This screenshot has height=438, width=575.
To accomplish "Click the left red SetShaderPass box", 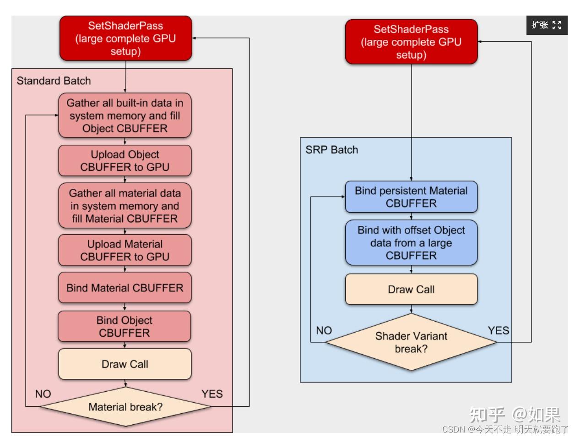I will [125, 38].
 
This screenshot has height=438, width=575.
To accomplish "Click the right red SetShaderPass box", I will [411, 42].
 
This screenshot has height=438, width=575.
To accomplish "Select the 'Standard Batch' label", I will [54, 81].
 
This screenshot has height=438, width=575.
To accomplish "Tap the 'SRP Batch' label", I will [331, 150].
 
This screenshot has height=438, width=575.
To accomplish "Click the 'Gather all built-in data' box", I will [125, 115].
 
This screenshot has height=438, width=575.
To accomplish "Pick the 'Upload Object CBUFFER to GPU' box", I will [125, 161].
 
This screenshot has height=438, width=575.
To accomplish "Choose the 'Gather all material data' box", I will [125, 206].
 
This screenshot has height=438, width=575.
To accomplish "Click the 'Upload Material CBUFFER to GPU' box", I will [125, 250].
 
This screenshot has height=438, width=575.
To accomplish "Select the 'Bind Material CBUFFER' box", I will [125, 288].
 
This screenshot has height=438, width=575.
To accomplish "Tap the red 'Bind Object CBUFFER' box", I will [124, 326].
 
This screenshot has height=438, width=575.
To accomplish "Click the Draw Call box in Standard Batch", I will [125, 364].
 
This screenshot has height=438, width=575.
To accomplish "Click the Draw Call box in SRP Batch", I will [411, 290].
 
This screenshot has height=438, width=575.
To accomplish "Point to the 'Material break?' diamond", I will [125, 407].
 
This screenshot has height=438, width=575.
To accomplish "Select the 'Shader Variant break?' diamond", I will [411, 342].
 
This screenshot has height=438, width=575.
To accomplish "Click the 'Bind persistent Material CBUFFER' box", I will [411, 197].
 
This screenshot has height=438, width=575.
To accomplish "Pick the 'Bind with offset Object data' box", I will [411, 243].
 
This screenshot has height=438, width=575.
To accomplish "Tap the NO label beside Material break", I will [43, 394].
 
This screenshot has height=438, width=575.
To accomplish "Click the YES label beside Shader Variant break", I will [498, 331].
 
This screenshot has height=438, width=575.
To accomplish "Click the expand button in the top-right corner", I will [547, 25].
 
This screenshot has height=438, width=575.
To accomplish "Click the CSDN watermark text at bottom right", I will [505, 429].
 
